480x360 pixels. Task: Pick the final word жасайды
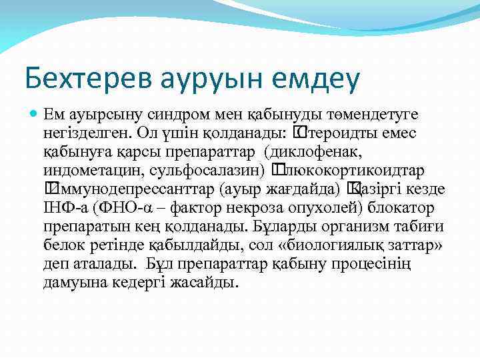tap(199, 283)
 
